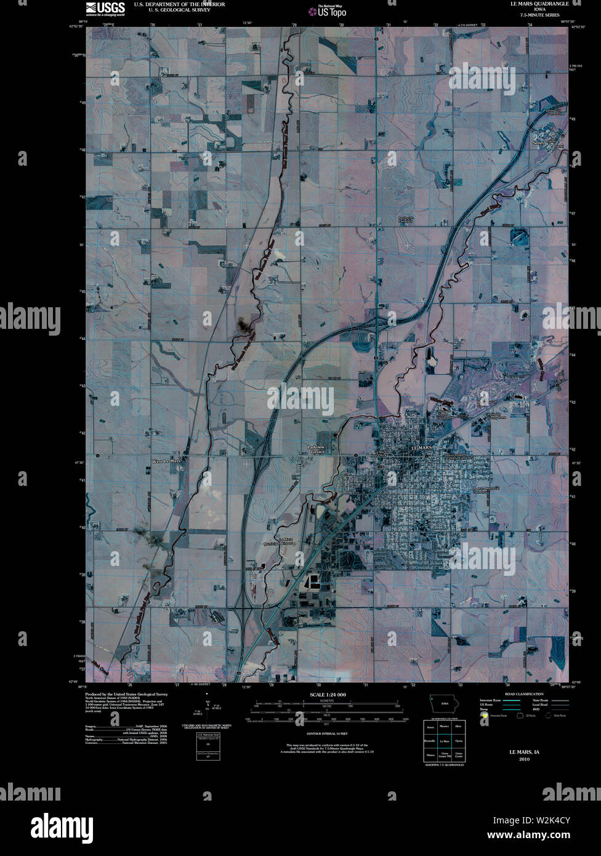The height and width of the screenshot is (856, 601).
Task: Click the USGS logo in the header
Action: pyautogui.click(x=105, y=8)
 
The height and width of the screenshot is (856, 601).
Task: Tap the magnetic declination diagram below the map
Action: pyautogui.click(x=207, y=714)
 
